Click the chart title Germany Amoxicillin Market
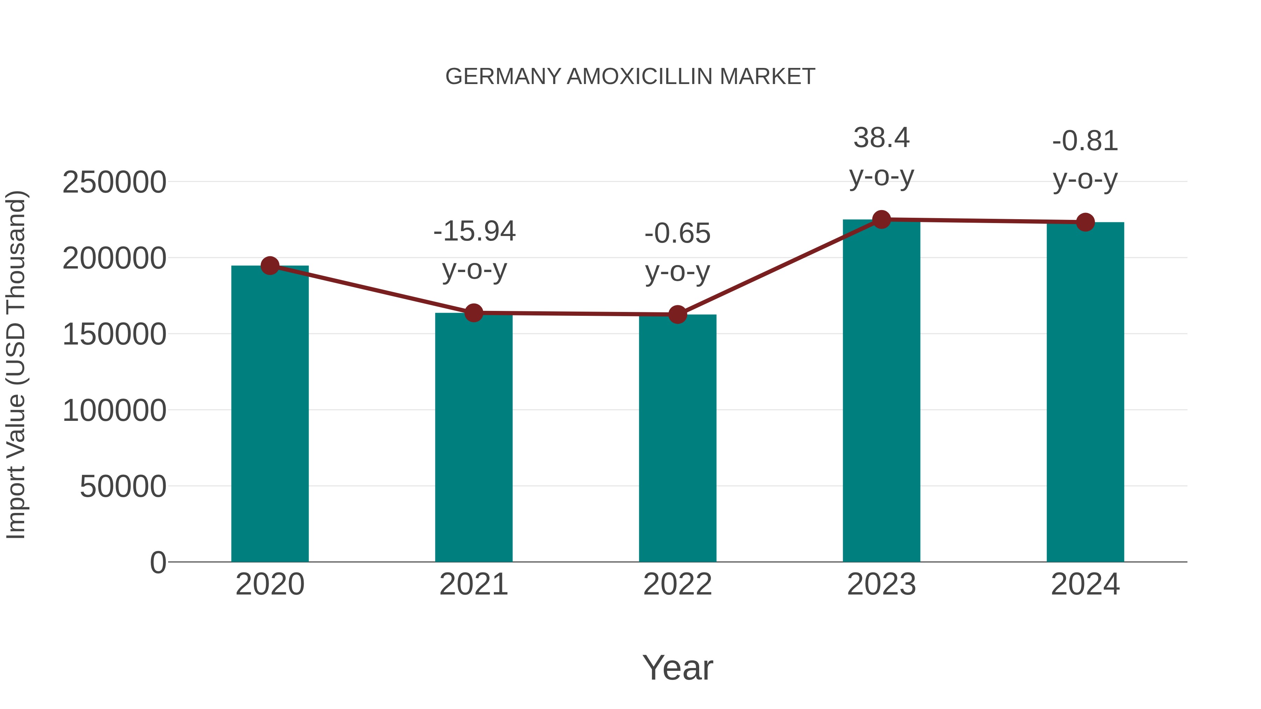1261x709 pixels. point(630,77)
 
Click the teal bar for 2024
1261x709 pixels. point(1085,392)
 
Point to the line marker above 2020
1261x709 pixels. point(270,266)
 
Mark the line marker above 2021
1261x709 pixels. point(473,313)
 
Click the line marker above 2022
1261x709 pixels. point(677,315)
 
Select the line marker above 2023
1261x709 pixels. point(881,220)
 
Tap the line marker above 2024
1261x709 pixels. point(1085,222)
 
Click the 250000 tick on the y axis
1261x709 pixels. point(115,182)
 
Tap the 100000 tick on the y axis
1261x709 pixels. point(115,411)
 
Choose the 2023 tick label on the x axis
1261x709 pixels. point(881,584)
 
